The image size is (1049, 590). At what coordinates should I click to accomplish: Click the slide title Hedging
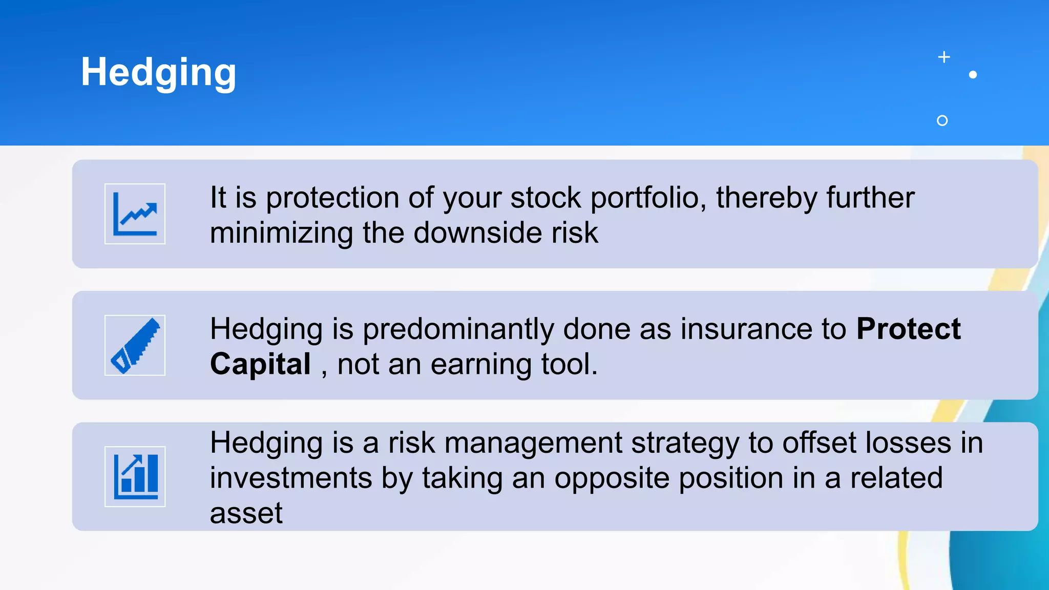click(158, 72)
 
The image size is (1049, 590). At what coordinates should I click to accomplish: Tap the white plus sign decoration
click(944, 57)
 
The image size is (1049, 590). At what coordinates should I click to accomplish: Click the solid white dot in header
click(973, 75)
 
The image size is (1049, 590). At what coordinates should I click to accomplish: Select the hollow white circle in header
click(942, 120)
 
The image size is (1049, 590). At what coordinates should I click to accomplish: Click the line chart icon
click(135, 214)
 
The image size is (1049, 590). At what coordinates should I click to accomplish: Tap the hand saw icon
click(135, 345)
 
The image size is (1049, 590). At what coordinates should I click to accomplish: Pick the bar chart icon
click(135, 476)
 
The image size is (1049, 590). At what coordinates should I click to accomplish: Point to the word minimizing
click(281, 233)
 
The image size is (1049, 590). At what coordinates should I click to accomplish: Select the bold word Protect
click(908, 329)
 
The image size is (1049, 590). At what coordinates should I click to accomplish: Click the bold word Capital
click(260, 364)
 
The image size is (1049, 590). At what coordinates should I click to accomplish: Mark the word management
click(533, 442)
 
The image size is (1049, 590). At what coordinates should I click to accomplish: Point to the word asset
click(246, 513)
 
